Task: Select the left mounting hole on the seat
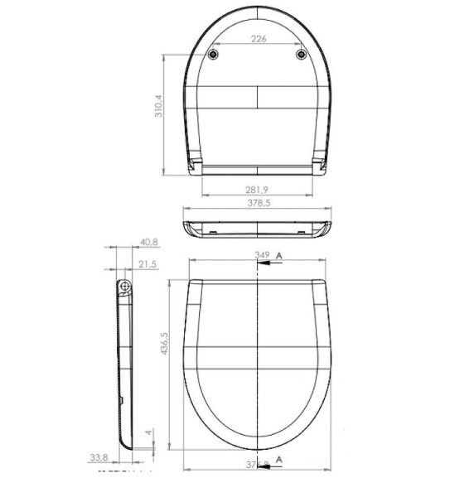pos(215,55)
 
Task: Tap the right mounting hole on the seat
pos(302,55)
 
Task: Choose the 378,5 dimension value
pos(259,202)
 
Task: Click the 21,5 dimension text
pos(148,264)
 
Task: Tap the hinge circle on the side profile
pos(123,287)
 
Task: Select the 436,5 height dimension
pos(162,341)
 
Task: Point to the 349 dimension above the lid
pos(263,256)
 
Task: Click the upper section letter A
pos(280,255)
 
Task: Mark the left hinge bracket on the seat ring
pos(196,164)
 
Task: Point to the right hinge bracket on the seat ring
pos(321,164)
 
